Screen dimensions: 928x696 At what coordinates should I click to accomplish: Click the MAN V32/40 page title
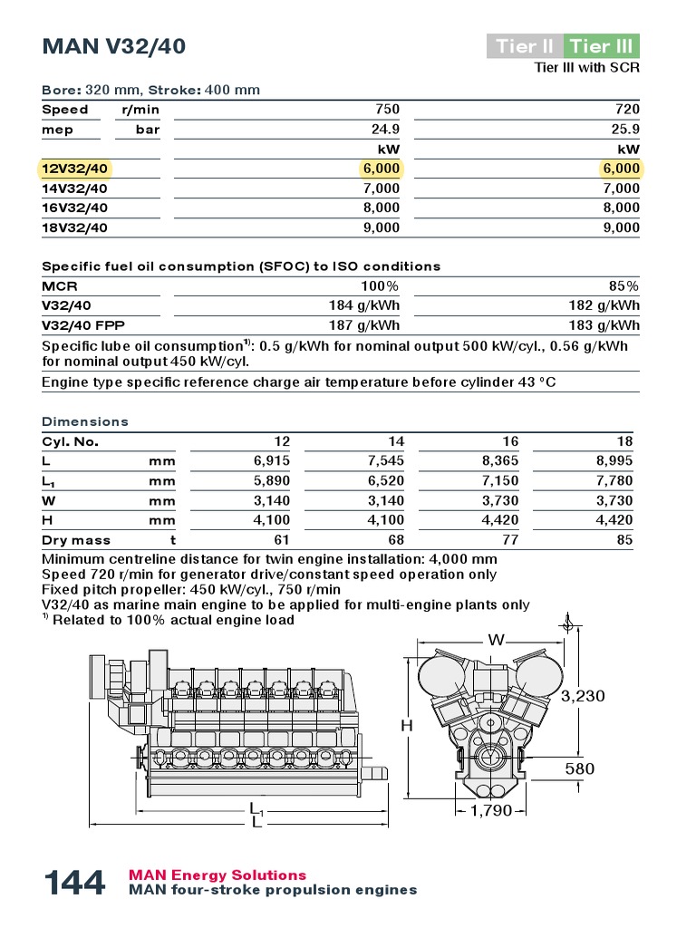pyautogui.click(x=114, y=46)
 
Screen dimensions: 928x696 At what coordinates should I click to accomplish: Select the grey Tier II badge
pyautogui.click(x=524, y=46)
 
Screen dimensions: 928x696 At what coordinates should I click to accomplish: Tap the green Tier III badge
pyautogui.click(x=602, y=46)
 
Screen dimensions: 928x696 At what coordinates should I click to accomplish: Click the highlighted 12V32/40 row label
pyautogui.click(x=74, y=169)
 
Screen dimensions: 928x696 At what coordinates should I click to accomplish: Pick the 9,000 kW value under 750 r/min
pyautogui.click(x=381, y=227)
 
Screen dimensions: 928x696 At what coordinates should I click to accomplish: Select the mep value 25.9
pyautogui.click(x=625, y=130)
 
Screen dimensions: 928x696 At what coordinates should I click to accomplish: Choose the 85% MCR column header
pyautogui.click(x=625, y=285)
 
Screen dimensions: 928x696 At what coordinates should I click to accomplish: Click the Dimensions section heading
pyautogui.click(x=85, y=421)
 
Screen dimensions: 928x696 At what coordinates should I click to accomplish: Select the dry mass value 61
pyautogui.click(x=282, y=540)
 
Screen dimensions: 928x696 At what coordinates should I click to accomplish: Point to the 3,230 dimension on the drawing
pyautogui.click(x=582, y=696)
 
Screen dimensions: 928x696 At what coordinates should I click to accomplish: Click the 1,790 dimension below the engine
pyautogui.click(x=490, y=810)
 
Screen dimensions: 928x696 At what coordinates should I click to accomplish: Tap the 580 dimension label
pyautogui.click(x=580, y=769)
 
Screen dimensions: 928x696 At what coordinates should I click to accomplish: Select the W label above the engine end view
pyautogui.click(x=497, y=640)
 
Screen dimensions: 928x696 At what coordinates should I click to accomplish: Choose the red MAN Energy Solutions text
pyautogui.click(x=217, y=875)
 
